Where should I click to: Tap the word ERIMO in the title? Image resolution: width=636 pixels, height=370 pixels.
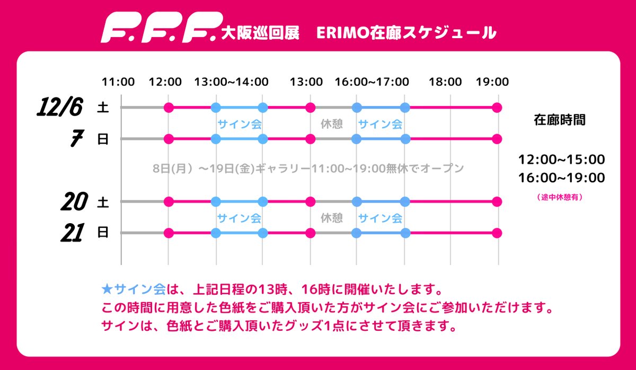pos(339,33)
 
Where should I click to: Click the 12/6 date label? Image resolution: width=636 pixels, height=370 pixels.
pos(59,108)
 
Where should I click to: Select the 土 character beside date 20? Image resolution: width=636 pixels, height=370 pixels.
pos(103,201)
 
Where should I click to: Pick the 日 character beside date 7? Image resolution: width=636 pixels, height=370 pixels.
pos(103,139)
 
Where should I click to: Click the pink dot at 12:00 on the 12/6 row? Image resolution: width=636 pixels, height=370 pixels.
pos(169,108)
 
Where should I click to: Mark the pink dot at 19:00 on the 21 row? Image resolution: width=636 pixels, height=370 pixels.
pos(497,233)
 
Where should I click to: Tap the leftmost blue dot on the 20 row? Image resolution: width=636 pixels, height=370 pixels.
pos(216,201)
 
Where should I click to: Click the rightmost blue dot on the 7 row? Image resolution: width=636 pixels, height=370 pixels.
pos(405,139)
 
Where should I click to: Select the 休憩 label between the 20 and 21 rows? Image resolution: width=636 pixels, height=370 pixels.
pos(332,218)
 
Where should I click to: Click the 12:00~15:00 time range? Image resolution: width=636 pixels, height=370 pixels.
pos(562,160)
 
